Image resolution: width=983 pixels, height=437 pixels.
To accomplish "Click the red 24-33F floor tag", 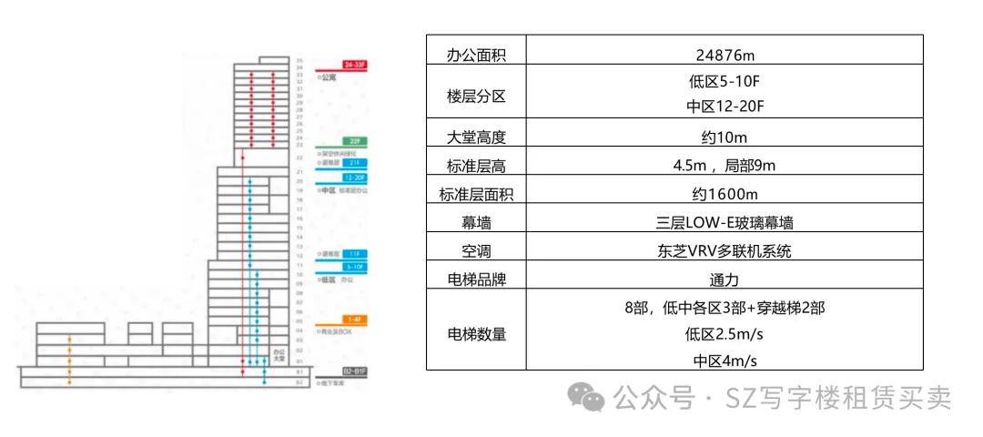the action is (x=354, y=65).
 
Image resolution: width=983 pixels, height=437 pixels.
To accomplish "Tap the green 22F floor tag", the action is (x=354, y=141).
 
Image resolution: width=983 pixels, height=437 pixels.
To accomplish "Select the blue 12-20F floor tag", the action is (x=354, y=178).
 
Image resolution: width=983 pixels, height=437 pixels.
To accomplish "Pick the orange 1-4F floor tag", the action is (x=354, y=319).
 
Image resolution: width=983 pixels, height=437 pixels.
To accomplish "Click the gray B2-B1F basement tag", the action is (x=354, y=371).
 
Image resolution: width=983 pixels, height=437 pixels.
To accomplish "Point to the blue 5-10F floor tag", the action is (x=354, y=267).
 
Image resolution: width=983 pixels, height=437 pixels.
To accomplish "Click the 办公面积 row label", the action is (x=476, y=55).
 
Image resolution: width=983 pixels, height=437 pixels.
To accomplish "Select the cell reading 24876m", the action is (x=725, y=55).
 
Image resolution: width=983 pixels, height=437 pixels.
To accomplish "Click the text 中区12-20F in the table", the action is (x=725, y=107).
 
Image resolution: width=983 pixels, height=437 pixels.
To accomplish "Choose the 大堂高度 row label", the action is (x=476, y=137).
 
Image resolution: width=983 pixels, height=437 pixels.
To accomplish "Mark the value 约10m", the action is (x=725, y=137).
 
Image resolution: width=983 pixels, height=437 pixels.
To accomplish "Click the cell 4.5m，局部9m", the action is (x=725, y=166).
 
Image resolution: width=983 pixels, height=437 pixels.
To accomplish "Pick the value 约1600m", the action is (x=725, y=194).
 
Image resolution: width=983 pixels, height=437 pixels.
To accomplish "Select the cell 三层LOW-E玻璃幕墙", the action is (x=725, y=222).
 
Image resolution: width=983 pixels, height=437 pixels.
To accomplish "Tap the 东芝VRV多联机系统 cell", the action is (x=725, y=250).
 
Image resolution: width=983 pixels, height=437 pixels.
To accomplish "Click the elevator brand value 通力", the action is (x=725, y=279).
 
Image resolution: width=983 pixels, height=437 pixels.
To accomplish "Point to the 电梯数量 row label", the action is (x=476, y=334).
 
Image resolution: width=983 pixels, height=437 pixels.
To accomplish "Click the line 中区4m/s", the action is (x=725, y=361).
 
